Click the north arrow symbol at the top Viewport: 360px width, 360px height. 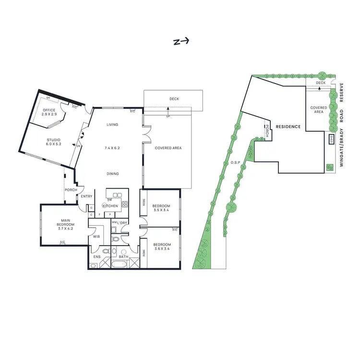coord(180,41)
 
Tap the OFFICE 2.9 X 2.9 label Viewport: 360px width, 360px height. coord(49,112)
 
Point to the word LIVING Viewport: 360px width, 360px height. coord(112,125)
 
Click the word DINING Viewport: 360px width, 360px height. coord(113,174)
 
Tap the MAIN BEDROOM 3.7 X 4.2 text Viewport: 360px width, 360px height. coord(65,223)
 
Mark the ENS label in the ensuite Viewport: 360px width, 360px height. coord(97,257)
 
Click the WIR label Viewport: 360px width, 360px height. coord(96,237)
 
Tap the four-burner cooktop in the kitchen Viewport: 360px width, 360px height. coord(124,204)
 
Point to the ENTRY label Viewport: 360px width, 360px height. coord(87,196)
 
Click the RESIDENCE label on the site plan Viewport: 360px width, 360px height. coord(288,127)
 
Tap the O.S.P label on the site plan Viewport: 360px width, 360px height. coord(235,163)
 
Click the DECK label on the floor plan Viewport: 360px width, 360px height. coord(174,99)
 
